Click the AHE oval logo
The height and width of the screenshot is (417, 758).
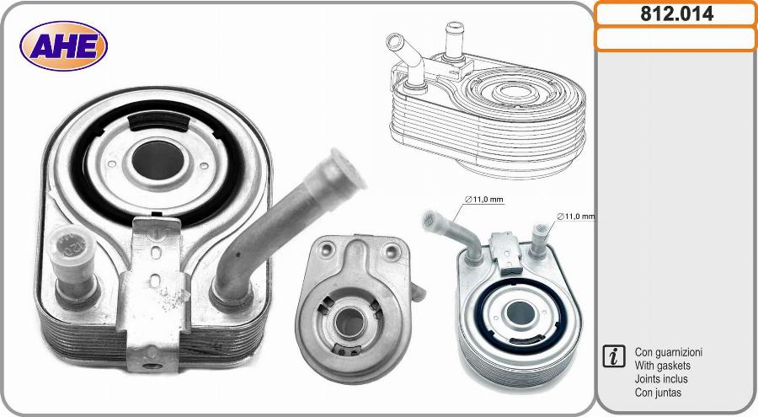coord(63,46)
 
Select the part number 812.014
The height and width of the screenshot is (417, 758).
coord(677,14)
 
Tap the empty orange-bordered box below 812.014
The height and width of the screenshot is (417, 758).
coord(675,40)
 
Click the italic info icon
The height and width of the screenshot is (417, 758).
coord(614,356)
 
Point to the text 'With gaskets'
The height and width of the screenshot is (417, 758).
coord(662,366)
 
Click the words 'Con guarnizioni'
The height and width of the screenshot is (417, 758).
coord(668,352)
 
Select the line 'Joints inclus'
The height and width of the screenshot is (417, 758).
coord(661,379)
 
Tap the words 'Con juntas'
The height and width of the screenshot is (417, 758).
coord(658,393)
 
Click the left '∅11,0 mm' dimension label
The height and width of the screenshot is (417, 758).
coord(484,200)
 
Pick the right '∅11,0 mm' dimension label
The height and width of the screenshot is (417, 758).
coord(576,217)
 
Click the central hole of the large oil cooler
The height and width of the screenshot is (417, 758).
coord(157,161)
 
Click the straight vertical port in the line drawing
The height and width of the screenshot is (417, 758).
coord(455,41)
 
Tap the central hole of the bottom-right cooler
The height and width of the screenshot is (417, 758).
coord(519,313)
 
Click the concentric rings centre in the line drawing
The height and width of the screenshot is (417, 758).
coord(515,90)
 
